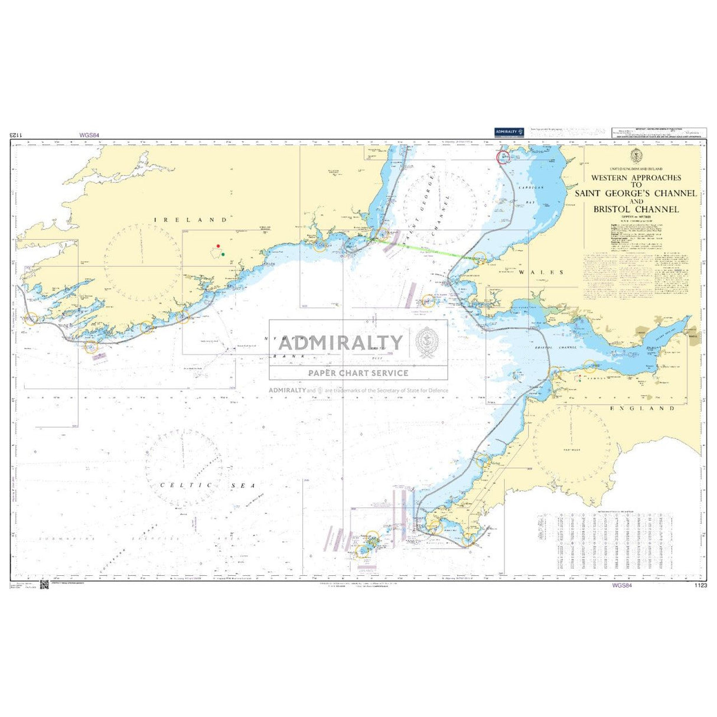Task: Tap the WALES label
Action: point(541,272)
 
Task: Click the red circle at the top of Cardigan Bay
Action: point(503,157)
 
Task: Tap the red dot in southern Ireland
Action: point(218,246)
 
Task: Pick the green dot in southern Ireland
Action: point(223,255)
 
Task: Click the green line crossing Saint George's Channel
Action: point(425,249)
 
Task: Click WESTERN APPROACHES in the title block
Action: point(635,177)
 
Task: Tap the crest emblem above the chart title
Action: point(636,156)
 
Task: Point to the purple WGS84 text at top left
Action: point(89,135)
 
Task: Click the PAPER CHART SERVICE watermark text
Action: point(358,373)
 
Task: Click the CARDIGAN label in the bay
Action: point(535,187)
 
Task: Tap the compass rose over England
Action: point(571,446)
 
